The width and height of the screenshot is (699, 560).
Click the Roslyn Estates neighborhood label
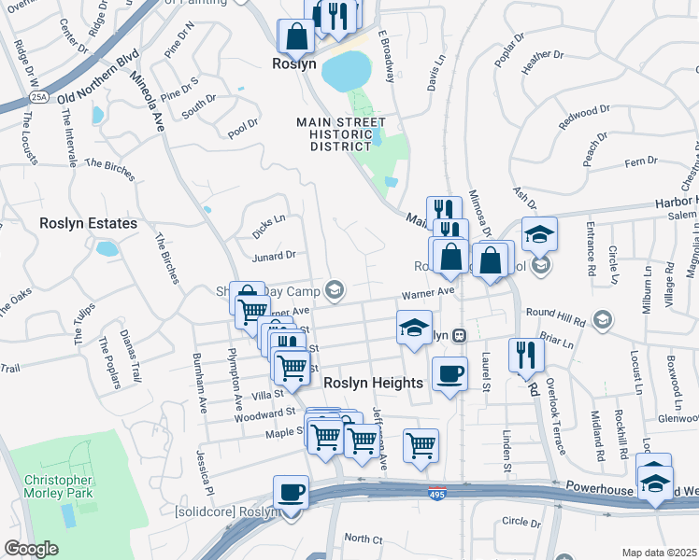(89, 224)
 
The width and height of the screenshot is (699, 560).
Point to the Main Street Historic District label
(342, 134)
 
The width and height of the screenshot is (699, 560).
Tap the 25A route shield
(38, 95)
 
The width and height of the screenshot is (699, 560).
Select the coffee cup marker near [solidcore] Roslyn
(291, 491)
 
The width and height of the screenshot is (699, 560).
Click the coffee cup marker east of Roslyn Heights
(449, 372)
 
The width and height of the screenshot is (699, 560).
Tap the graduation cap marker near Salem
(539, 233)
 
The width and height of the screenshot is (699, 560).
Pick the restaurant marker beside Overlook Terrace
(526, 354)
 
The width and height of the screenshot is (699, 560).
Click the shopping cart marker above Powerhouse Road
(421, 444)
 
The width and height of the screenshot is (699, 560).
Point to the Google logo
(31, 549)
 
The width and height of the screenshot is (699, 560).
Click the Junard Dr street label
(274, 254)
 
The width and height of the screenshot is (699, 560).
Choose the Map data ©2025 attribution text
(660, 553)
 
